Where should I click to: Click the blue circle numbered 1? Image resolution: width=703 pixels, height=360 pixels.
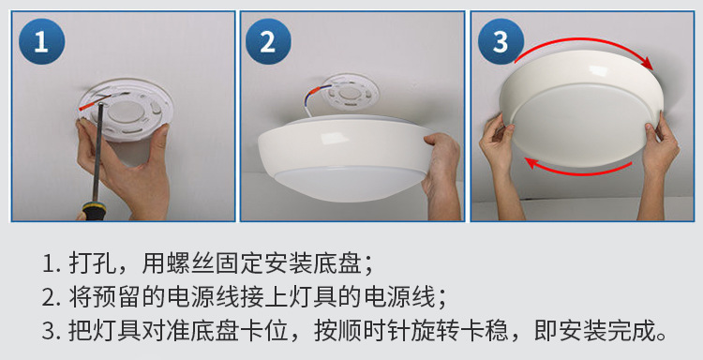(41, 41)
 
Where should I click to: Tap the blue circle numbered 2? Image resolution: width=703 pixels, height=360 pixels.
(268, 41)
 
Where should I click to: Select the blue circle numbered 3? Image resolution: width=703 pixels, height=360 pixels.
(501, 41)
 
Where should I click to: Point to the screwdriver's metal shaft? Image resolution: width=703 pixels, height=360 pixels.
(98, 153)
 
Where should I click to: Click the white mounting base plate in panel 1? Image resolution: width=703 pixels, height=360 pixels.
(126, 110)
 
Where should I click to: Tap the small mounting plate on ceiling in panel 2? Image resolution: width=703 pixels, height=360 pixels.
(350, 95)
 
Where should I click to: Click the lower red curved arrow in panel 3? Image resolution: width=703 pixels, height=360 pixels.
(578, 169)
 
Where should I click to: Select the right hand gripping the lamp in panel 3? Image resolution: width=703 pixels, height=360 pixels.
(658, 166)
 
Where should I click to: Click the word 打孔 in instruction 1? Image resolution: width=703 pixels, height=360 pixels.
(93, 263)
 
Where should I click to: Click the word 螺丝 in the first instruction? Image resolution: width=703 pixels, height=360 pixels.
(190, 263)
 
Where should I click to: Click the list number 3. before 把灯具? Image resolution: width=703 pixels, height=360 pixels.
(52, 331)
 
